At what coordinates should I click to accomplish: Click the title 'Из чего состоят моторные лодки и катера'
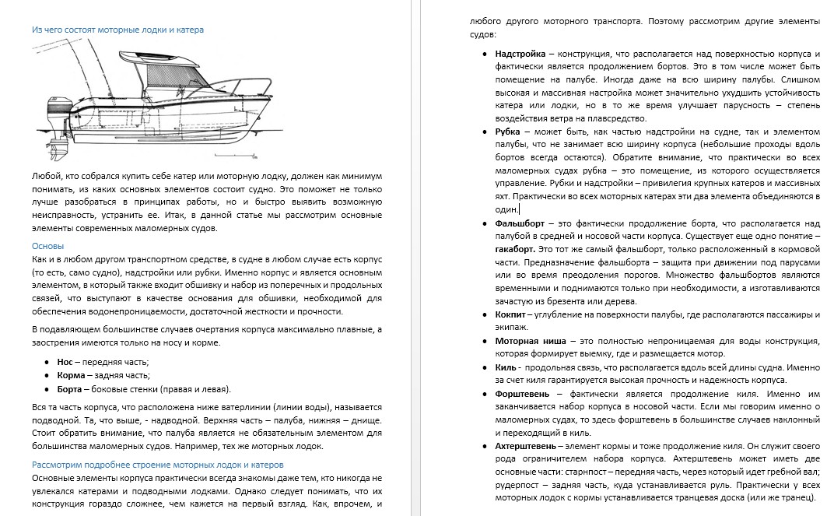click(117, 30)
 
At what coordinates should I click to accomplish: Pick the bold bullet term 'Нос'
click(65, 362)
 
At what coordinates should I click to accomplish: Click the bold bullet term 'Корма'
click(71, 375)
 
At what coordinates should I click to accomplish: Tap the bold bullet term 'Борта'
click(71, 388)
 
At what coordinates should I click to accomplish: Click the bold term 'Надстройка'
click(520, 54)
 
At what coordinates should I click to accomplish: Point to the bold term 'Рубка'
click(508, 132)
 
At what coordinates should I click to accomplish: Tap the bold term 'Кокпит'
click(510, 314)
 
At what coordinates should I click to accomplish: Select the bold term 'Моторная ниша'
click(529, 340)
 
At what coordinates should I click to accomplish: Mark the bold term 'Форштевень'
click(523, 393)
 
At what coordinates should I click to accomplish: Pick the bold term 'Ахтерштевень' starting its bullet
click(525, 446)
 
